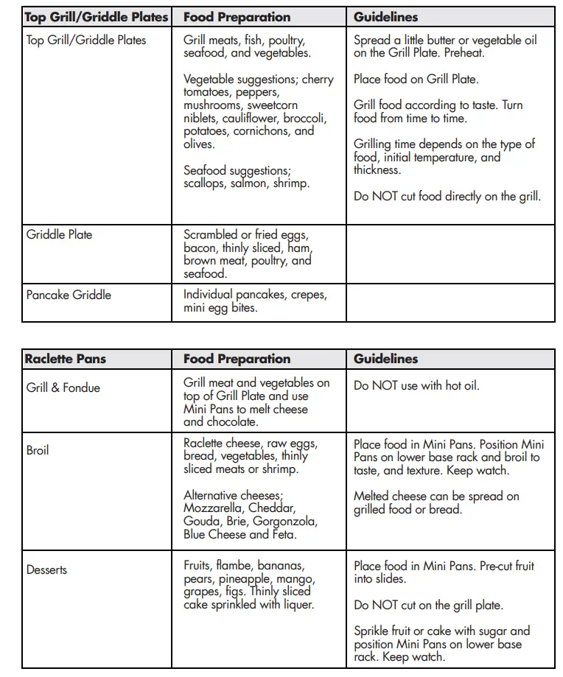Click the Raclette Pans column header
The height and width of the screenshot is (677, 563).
tap(66, 359)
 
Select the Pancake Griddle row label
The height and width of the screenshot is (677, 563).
tap(69, 295)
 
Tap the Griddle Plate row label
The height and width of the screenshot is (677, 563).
tap(59, 234)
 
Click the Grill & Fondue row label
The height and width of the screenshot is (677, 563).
tap(63, 387)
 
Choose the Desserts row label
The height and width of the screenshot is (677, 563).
tap(46, 569)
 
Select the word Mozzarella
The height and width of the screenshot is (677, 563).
tap(214, 508)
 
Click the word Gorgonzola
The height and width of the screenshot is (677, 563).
tap(284, 521)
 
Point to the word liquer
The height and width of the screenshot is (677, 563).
tap(297, 604)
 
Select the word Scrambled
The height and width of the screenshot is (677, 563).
tap(211, 234)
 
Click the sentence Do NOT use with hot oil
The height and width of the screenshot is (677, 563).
tap(416, 385)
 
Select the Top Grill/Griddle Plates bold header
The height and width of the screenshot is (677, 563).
tap(97, 17)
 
